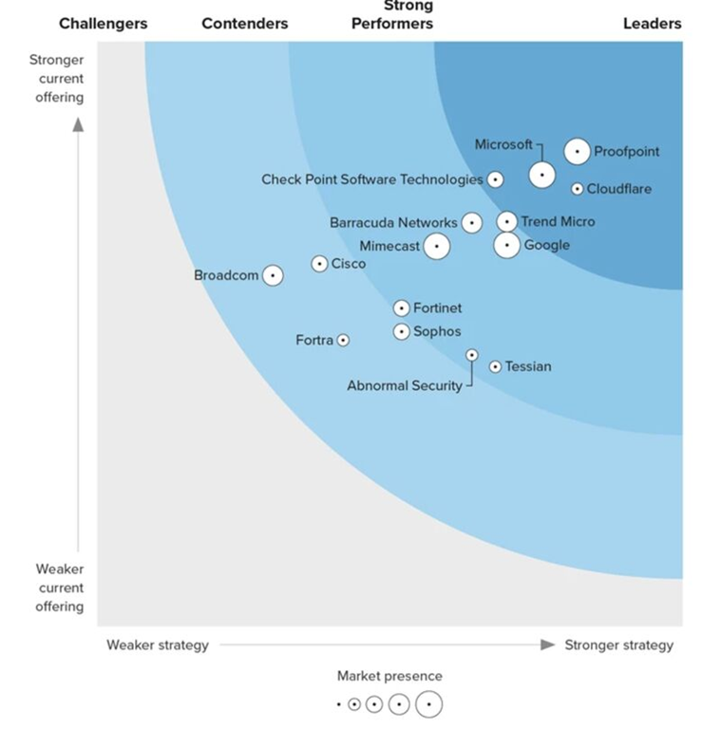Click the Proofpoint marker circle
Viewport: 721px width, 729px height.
pyautogui.click(x=577, y=151)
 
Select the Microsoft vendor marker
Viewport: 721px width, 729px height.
pyautogui.click(x=541, y=175)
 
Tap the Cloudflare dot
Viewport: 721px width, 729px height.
pyautogui.click(x=577, y=189)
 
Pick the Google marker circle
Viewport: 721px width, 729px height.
pyautogui.click(x=507, y=245)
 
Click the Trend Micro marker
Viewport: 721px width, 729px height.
pyautogui.click(x=507, y=222)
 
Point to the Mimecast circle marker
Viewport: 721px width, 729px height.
pyautogui.click(x=436, y=246)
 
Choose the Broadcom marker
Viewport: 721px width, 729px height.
pyautogui.click(x=273, y=275)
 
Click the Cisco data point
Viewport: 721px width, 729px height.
pyautogui.click(x=320, y=264)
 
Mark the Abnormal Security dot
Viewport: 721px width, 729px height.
pyautogui.click(x=472, y=355)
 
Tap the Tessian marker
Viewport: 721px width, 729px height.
pyautogui.click(x=495, y=366)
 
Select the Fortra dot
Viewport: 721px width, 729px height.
pyautogui.click(x=343, y=340)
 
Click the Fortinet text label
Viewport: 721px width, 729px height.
pyautogui.click(x=437, y=308)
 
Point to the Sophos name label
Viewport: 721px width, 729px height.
pyautogui.click(x=437, y=331)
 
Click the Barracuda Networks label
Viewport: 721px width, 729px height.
pyautogui.click(x=393, y=223)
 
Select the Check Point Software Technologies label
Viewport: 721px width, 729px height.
pyautogui.click(x=372, y=179)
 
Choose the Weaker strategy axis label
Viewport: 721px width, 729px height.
pyautogui.click(x=157, y=645)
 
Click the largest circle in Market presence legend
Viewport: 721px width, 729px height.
pyautogui.click(x=428, y=704)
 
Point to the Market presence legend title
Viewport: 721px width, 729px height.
pyautogui.click(x=389, y=676)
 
